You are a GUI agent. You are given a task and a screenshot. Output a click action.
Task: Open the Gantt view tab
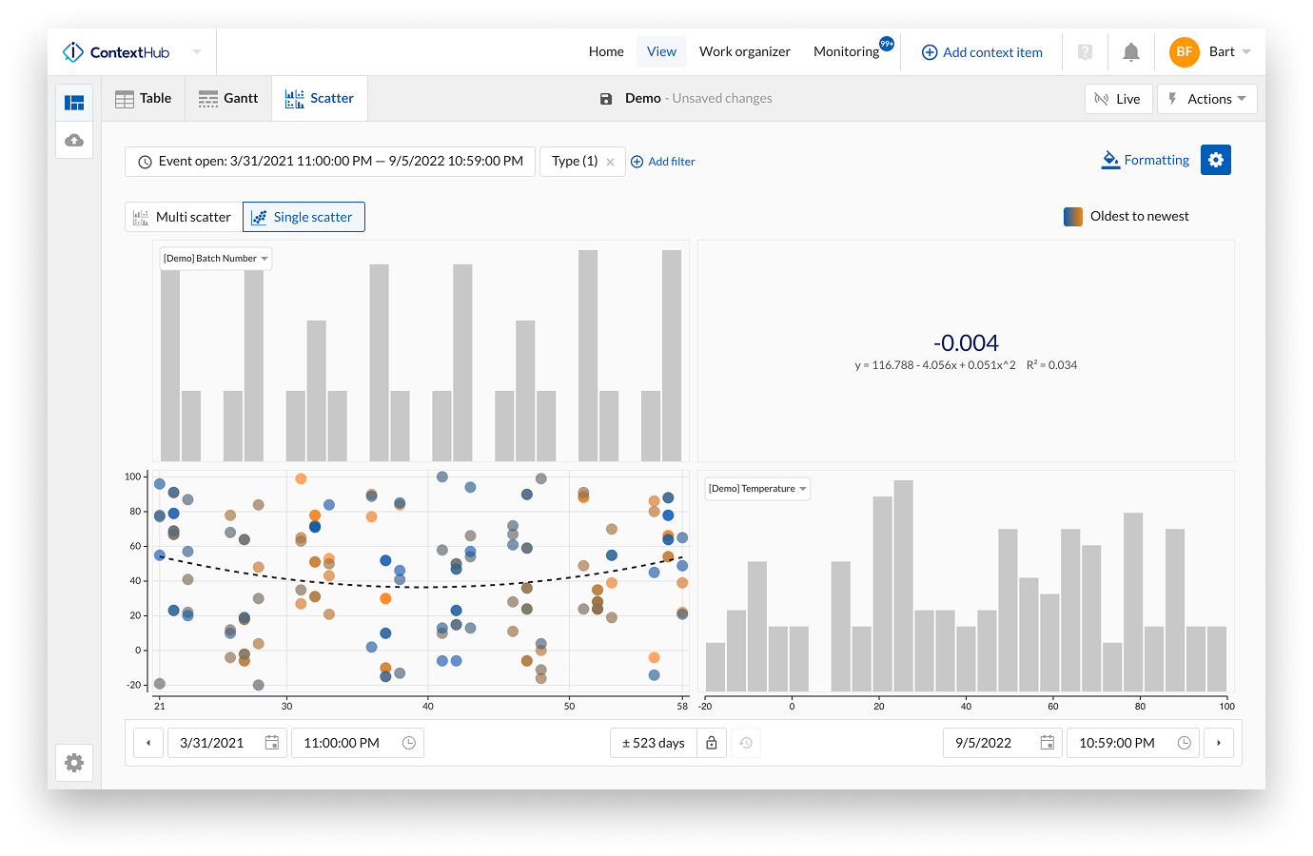[x=228, y=99]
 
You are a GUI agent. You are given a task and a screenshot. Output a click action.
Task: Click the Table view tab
[x=144, y=99]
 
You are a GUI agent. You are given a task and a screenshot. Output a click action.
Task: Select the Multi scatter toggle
[x=184, y=217]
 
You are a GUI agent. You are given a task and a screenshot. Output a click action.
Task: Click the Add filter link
[x=663, y=162]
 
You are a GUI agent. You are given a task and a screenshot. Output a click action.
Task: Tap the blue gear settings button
[x=1215, y=160]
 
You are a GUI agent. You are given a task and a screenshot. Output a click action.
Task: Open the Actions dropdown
[x=1206, y=99]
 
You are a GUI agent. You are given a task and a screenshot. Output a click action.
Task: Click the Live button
[x=1118, y=99]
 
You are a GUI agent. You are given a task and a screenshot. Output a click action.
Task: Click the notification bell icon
[x=1130, y=52]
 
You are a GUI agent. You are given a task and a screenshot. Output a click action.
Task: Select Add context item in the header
[x=982, y=52]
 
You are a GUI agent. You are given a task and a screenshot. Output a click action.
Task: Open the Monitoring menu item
[x=846, y=51]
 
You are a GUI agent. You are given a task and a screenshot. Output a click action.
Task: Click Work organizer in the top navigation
[x=744, y=51]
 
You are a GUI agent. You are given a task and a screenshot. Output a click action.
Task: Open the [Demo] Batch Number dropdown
[x=215, y=259]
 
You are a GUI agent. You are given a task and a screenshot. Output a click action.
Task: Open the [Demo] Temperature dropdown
[x=757, y=489]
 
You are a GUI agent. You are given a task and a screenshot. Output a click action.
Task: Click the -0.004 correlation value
[x=966, y=343]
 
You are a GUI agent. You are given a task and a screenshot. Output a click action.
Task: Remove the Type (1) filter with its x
[x=610, y=162]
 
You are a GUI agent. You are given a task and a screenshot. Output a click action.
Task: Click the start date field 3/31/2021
[x=212, y=743]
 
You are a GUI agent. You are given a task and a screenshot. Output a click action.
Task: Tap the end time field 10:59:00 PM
[x=1117, y=743]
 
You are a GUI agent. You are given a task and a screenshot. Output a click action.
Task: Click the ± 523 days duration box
[x=654, y=743]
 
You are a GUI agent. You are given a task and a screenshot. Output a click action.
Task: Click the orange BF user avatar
[x=1184, y=52]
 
